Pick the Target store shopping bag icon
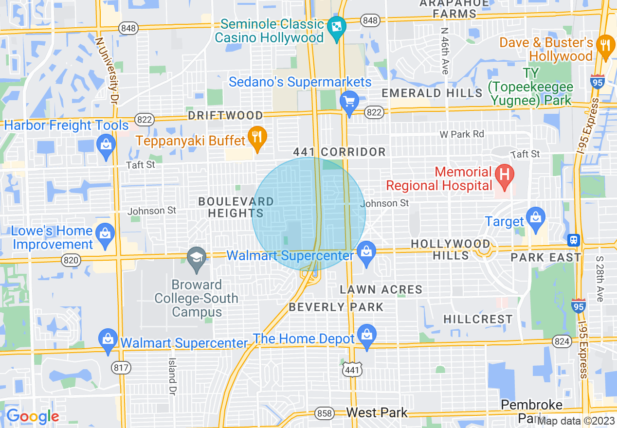[x=536, y=216]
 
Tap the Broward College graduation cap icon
[x=197, y=256]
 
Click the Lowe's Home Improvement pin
[x=106, y=233]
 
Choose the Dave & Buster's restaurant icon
[x=605, y=45]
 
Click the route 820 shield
[x=71, y=260]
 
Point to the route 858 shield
[x=324, y=414]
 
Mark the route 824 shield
[x=562, y=341]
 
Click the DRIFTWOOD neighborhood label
[x=226, y=116]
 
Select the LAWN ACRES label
[x=381, y=289]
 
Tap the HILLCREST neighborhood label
[x=478, y=319]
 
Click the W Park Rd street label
[x=462, y=134]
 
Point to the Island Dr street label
[x=172, y=375]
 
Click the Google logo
[x=33, y=416]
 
